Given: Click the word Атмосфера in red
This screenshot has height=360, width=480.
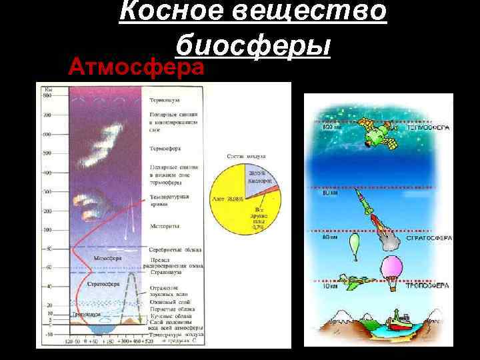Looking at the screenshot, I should point(136,67).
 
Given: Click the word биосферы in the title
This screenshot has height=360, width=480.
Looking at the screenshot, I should point(253,45).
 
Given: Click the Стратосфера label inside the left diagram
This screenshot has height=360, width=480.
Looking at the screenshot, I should point(103,283).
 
